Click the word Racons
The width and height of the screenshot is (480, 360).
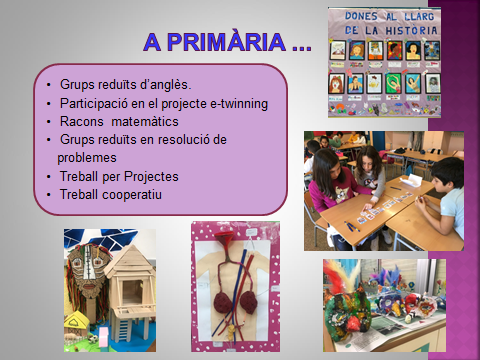pyautogui.click(x=82, y=121)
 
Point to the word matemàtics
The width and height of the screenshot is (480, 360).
pyautogui.click(x=149, y=121)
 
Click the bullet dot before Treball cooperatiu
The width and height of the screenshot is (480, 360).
pyautogui.click(x=49, y=194)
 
